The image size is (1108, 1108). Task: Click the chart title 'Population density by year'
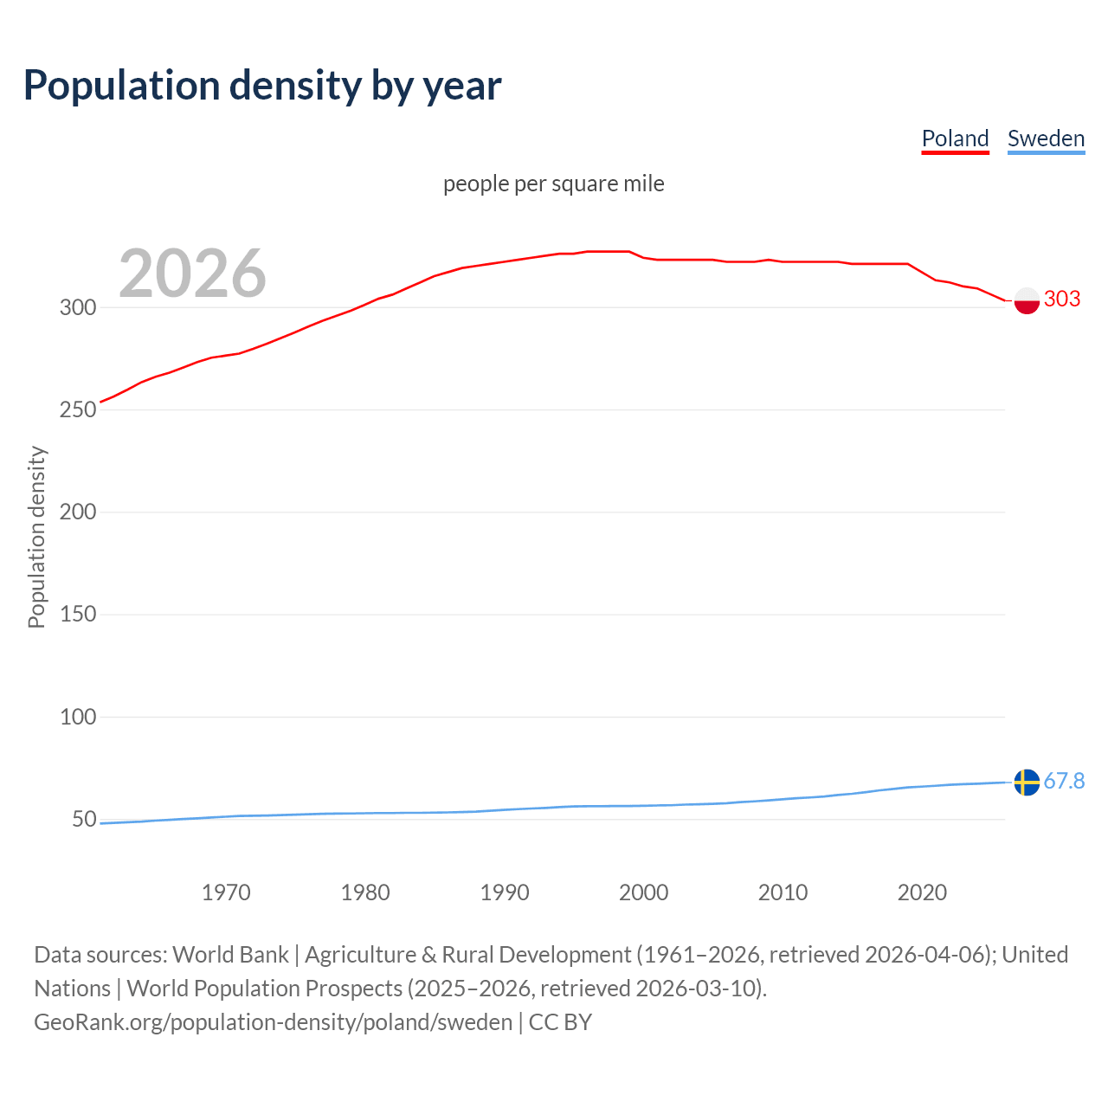(x=262, y=86)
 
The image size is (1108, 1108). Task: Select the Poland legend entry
(x=955, y=138)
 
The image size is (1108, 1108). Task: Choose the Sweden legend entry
(x=1046, y=138)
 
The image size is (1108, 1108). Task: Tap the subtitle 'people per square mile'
(x=553, y=184)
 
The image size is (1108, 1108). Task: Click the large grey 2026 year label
(x=192, y=274)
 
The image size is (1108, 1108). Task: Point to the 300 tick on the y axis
(x=78, y=307)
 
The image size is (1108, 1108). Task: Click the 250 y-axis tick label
(x=78, y=409)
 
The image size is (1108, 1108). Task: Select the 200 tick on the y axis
(x=78, y=512)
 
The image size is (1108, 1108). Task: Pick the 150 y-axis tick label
(x=78, y=614)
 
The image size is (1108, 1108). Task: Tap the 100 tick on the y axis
(x=78, y=717)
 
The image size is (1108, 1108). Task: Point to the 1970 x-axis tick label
(x=226, y=892)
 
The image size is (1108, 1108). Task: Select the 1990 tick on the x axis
(x=505, y=892)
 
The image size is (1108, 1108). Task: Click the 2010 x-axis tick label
(x=783, y=892)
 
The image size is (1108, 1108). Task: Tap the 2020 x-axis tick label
(x=922, y=892)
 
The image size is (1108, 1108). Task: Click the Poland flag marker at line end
(x=1027, y=300)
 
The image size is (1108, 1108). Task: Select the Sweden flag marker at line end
(x=1027, y=782)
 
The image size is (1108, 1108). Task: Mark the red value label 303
(x=1062, y=300)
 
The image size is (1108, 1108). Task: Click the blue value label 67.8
(x=1064, y=782)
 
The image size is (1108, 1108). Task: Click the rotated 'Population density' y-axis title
(x=36, y=537)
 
